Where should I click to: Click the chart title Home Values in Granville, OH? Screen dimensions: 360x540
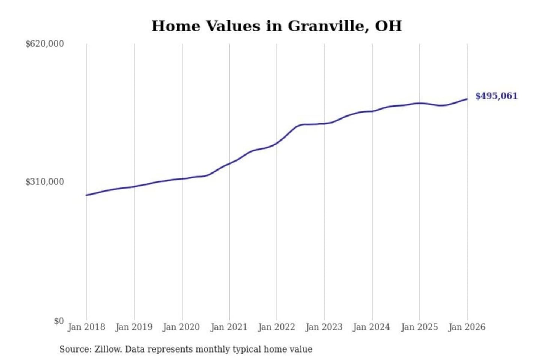tap(276, 26)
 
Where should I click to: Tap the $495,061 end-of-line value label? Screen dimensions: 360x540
tap(496, 96)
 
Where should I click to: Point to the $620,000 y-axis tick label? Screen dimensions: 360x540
tap(45, 44)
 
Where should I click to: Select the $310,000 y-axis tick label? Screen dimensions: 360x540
tap(45, 182)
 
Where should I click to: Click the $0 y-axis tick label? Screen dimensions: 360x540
tap(59, 321)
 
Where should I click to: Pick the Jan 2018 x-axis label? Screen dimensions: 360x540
tap(86, 327)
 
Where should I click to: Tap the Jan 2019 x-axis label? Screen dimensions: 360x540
tap(134, 327)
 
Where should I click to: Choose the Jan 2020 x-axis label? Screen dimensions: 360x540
tap(181, 327)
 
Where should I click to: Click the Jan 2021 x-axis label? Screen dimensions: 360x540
tap(229, 327)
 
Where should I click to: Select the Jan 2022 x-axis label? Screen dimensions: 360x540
tap(277, 327)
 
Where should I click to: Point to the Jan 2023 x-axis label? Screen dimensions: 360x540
tap(324, 327)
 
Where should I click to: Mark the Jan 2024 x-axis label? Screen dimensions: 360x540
tap(372, 327)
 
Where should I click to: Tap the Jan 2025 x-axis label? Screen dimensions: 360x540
tap(419, 327)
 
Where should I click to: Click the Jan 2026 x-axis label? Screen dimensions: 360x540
tap(467, 327)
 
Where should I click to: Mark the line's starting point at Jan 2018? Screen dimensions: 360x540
tap(87, 195)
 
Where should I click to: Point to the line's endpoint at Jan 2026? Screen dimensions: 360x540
tap(467, 99)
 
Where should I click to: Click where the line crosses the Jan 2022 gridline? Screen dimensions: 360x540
tap(277, 143)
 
